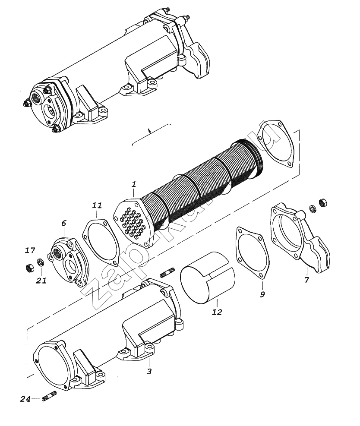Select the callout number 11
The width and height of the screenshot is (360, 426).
point(97,205)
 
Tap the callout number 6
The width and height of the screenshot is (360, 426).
point(63,223)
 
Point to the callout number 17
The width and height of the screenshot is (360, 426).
point(29,250)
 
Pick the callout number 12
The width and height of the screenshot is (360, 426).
point(217,312)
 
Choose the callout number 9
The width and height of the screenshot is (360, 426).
point(262,295)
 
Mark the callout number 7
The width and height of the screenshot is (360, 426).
point(306,280)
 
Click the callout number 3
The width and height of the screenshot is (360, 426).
point(148,371)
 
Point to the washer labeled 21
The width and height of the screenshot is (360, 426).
point(41,261)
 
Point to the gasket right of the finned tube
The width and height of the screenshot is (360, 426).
point(278,145)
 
